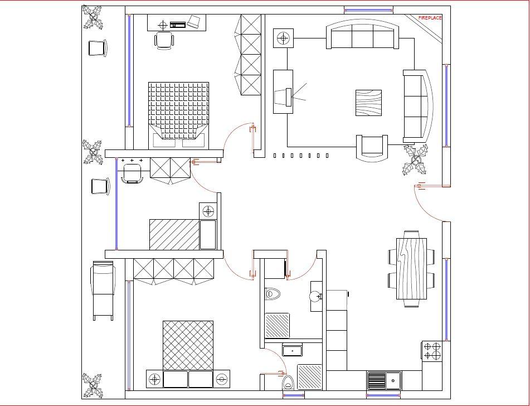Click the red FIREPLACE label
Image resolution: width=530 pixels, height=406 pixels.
(430, 18)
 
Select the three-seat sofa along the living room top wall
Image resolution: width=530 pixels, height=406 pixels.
(362, 37)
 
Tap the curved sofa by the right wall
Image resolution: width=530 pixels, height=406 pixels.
(418, 106)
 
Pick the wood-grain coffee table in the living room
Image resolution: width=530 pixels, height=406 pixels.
(369, 103)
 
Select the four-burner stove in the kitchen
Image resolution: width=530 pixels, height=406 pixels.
(432, 350)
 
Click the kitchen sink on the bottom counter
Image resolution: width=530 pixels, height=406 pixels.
(385, 381)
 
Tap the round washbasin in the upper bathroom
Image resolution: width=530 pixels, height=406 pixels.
(316, 296)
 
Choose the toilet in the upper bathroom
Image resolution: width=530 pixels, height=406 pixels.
(273, 293)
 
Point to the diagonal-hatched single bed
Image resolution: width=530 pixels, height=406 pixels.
(174, 234)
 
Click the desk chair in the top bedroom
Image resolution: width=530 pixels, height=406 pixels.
(164, 41)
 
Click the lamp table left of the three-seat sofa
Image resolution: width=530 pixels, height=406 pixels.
(284, 38)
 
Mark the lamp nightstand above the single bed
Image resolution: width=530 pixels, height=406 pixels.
(208, 211)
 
